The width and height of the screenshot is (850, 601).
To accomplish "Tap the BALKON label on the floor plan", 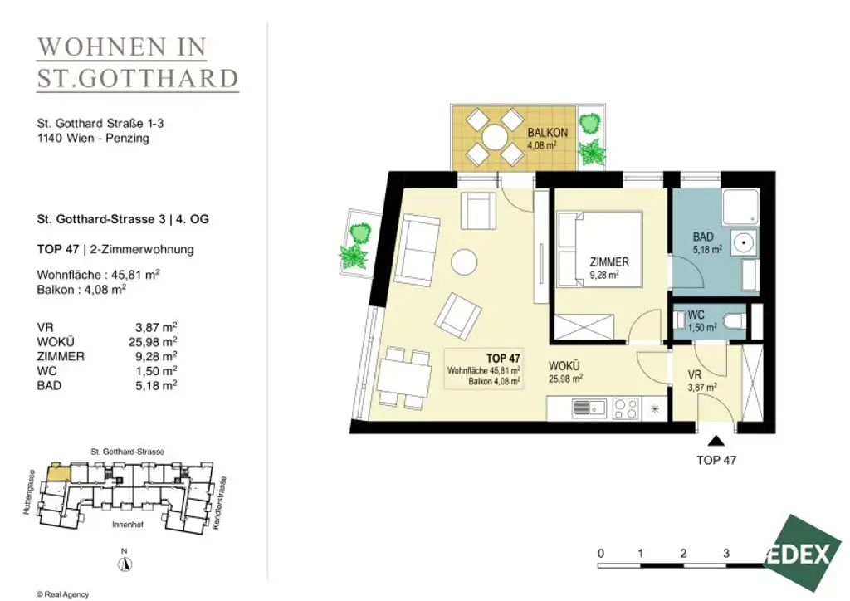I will (547, 133).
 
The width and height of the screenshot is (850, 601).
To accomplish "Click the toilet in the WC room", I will (732, 321).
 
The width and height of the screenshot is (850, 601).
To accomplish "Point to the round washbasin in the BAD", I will (745, 245).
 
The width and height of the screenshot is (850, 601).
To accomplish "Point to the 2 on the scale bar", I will (682, 553).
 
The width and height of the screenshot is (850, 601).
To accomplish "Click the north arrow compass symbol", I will (124, 563).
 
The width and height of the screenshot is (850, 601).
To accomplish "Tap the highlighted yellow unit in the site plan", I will (57, 472).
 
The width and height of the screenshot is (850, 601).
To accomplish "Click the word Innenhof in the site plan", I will (127, 526).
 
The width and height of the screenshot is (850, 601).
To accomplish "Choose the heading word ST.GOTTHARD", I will (138, 79).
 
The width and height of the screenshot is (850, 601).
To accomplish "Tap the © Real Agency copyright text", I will (62, 594).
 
